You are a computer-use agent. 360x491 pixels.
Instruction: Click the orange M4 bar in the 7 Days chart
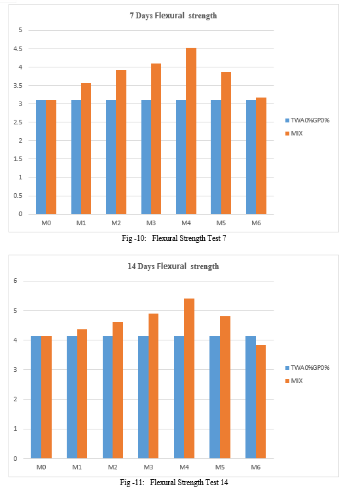(191, 131)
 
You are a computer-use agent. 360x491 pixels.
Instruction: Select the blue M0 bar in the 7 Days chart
(41, 157)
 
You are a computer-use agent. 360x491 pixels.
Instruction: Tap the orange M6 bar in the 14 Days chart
(261, 402)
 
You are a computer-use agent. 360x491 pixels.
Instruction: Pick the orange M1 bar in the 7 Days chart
(86, 149)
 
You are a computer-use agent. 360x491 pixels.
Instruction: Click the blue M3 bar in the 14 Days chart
(143, 397)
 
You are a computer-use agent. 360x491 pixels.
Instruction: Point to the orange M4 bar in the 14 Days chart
(189, 378)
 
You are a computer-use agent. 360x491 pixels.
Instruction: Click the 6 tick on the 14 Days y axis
(15, 281)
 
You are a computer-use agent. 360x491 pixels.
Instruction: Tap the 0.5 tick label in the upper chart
(18, 196)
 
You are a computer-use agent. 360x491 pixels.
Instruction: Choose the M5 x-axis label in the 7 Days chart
(221, 223)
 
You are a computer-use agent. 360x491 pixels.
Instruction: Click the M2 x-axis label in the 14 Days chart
(113, 467)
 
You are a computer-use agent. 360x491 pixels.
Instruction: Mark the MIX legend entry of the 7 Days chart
(294, 134)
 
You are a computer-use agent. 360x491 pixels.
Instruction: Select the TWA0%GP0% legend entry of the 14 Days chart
(308, 368)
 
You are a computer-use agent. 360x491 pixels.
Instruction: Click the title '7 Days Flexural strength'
(173, 16)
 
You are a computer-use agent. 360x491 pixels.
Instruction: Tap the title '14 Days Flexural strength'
(173, 266)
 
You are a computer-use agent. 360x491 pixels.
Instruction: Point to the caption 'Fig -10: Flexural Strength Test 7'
(174, 238)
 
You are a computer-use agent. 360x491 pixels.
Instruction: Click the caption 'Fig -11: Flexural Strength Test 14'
(174, 482)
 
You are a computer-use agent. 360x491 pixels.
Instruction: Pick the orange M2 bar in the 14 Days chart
(118, 390)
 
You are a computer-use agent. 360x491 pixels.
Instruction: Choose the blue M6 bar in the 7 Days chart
(251, 157)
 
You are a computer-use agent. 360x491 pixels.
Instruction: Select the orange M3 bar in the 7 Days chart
(156, 139)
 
